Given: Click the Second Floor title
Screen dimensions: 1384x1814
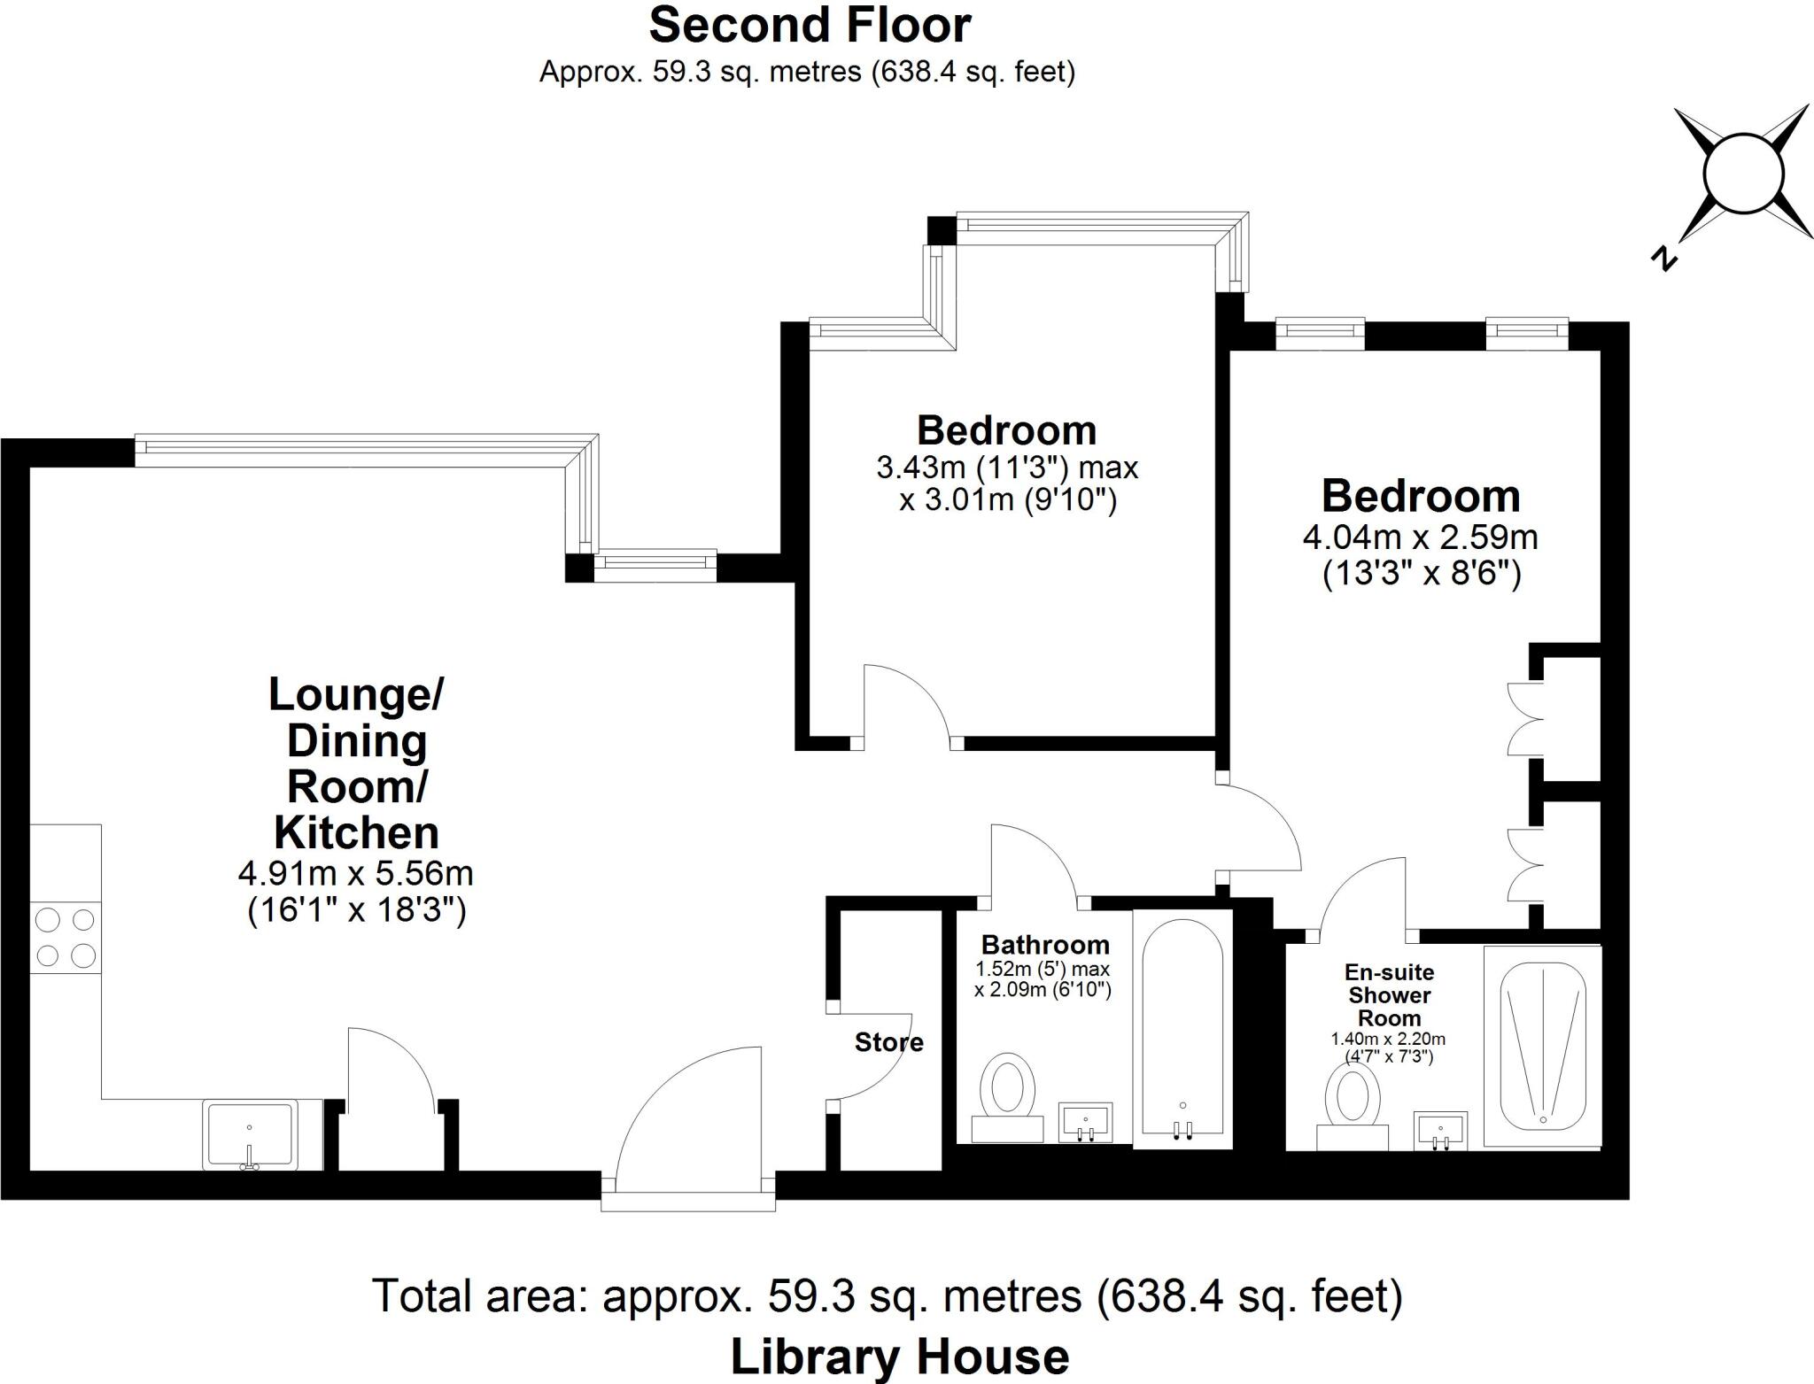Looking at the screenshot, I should coord(810,26).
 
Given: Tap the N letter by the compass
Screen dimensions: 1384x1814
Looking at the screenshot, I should coord(1664,258).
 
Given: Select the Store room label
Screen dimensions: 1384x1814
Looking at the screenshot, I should coord(888,1042).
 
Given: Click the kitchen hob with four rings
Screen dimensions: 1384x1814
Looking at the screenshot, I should coord(66,938).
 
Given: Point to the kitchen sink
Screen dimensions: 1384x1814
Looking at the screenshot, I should coord(250,1134).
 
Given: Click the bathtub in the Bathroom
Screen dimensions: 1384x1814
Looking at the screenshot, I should coord(1182,1029).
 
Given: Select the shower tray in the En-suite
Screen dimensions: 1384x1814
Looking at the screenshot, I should coord(1542,1046).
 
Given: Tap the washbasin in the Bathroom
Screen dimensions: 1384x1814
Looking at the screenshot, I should coord(1086,1122).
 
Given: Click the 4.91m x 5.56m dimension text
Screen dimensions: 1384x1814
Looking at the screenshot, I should coord(356,874).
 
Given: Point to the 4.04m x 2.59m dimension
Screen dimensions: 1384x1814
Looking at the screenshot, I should coord(1420,537).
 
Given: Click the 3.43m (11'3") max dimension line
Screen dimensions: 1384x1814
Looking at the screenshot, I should coord(1007,467).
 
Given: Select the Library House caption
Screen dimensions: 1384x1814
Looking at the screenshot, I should coord(899,1357).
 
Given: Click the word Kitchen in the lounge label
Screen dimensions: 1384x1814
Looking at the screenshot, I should coord(356,832).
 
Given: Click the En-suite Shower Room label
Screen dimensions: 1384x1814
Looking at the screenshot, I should coord(1389,995).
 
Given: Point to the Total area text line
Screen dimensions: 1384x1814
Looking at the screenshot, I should coord(887,1296).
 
